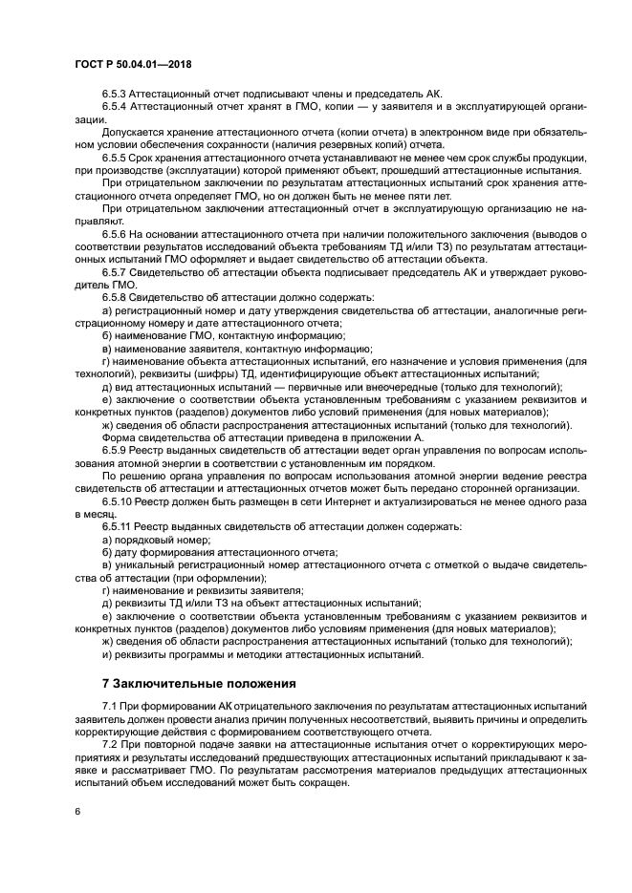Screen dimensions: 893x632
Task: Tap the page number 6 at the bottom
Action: (76, 811)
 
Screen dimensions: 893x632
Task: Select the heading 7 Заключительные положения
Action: (201, 683)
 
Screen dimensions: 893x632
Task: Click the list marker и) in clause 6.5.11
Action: (106, 654)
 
